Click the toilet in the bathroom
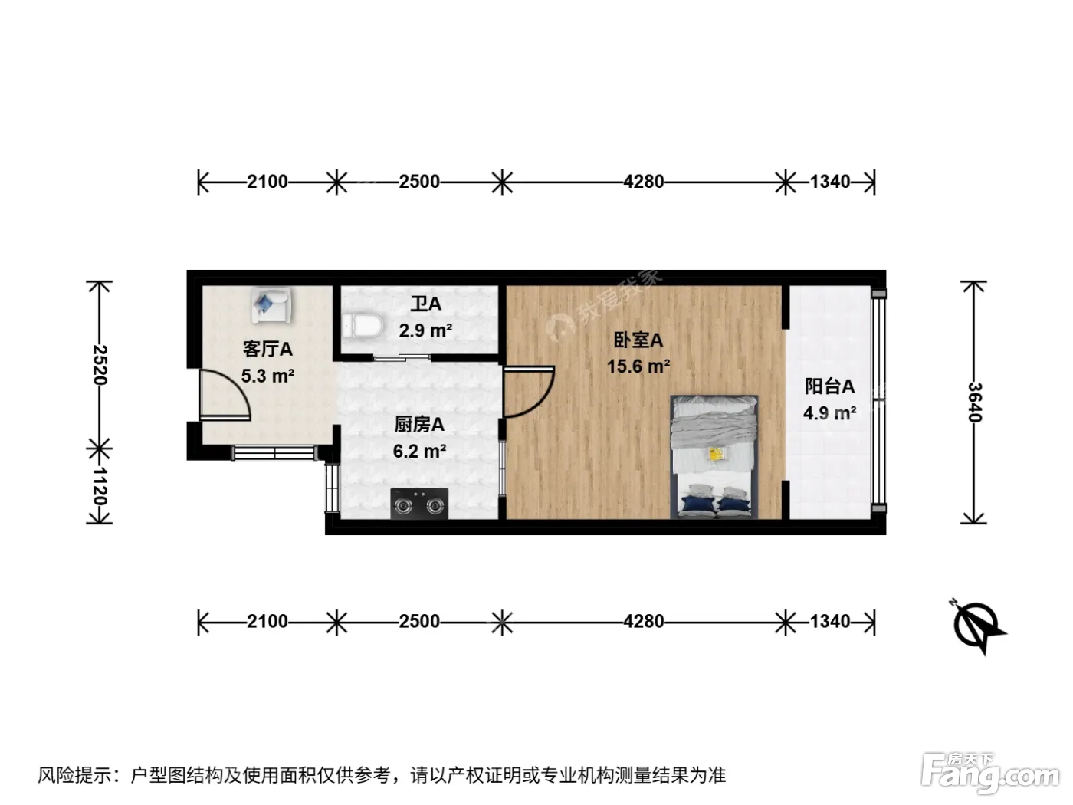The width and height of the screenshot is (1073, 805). tap(363, 325)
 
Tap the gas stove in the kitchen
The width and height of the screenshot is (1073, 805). tap(419, 504)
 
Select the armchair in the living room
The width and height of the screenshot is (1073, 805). tap(271, 305)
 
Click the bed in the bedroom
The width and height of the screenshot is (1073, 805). tap(714, 457)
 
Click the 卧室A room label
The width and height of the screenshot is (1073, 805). tap(638, 340)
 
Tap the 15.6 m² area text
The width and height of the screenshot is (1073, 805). tap(638, 366)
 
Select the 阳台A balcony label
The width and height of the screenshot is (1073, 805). tap(829, 386)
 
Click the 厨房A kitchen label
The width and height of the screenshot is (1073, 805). tap(419, 425)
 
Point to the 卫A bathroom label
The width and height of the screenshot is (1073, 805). tap(426, 304)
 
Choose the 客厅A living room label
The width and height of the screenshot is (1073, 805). tap(267, 350)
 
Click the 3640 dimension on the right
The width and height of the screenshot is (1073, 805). tap(975, 402)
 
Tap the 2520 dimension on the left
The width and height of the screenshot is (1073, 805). tap(100, 365)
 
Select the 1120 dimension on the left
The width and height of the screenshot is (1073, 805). tap(100, 486)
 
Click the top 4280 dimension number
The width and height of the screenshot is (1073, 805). tap(643, 182)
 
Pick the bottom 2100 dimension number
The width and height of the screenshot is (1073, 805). tap(267, 622)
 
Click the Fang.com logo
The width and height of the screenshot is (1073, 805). tap(990, 773)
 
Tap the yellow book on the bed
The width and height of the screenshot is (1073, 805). tap(716, 454)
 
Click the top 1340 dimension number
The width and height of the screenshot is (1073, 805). tap(830, 182)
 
